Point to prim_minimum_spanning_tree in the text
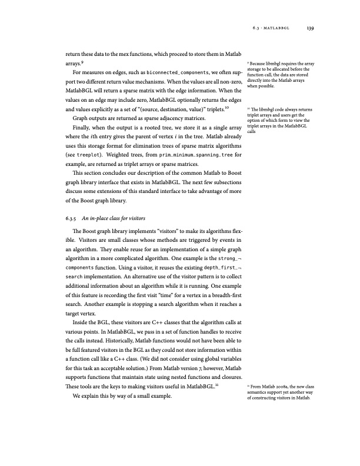coord(184,155)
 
